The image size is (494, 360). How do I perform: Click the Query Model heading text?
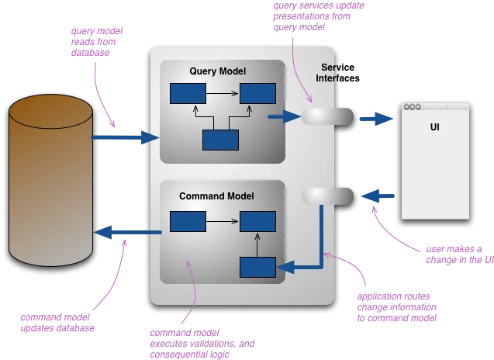[x=217, y=71]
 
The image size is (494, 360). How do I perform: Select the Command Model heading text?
[x=216, y=196]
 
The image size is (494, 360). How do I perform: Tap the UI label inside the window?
[x=434, y=126]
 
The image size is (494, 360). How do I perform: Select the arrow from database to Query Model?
[x=124, y=137]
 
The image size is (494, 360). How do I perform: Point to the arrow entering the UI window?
[x=376, y=119]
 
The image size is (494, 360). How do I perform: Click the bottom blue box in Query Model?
[x=219, y=140]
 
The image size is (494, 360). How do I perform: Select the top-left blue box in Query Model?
[x=188, y=95]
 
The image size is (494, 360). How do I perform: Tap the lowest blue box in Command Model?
[x=257, y=267]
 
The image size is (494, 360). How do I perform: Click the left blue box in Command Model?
[x=188, y=222]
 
